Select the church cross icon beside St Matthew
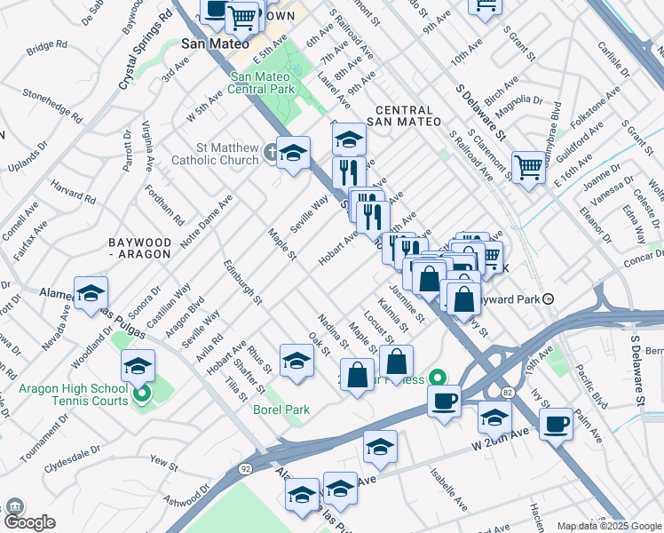click(x=269, y=153)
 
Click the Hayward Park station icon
click(x=549, y=299)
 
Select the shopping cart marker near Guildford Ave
click(x=528, y=166)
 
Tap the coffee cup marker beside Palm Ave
click(x=556, y=423)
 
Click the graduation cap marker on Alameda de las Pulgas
click(x=91, y=294)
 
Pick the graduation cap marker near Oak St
click(x=296, y=360)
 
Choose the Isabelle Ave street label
click(x=448, y=490)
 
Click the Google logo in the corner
click(x=29, y=522)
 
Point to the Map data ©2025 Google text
click(x=609, y=526)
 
